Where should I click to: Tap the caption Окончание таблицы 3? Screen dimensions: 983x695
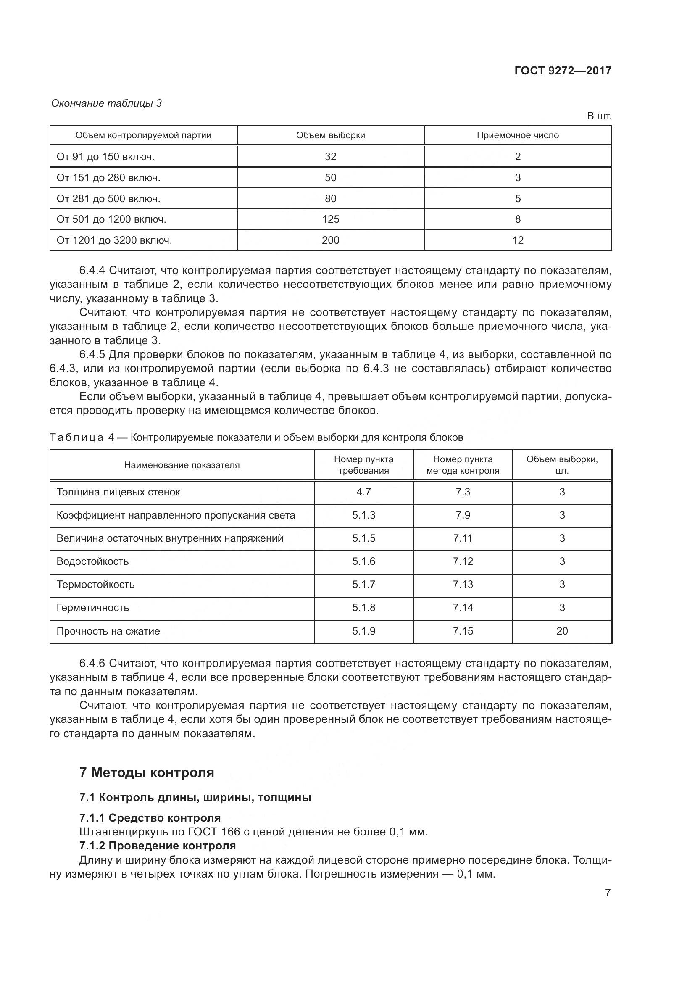tap(106, 103)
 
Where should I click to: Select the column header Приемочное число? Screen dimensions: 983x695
tap(517, 135)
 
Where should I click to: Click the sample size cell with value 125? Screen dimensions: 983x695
tap(330, 219)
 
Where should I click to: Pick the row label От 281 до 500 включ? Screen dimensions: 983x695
tap(108, 199)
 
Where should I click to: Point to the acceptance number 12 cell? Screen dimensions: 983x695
tap(517, 240)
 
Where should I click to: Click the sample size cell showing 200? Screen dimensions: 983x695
tap(330, 240)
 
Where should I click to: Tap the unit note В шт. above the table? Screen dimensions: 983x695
tap(599, 116)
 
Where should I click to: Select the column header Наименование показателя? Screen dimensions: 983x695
tap(182, 465)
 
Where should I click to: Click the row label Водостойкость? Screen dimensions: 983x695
tap(92, 561)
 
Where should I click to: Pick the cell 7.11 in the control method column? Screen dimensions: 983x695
tap(463, 538)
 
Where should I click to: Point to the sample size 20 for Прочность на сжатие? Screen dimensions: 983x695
tap(562, 631)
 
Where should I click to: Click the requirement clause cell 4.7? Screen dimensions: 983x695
tap(363, 492)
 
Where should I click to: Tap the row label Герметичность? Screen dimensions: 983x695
tap(92, 608)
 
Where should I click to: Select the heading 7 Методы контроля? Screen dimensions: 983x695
tap(146, 772)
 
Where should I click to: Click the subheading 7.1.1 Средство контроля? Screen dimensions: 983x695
tap(150, 818)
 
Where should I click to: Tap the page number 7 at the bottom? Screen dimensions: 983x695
tap(607, 893)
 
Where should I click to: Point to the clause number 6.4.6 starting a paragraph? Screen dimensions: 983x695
tap(92, 663)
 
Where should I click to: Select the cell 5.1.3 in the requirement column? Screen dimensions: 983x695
tap(363, 515)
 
